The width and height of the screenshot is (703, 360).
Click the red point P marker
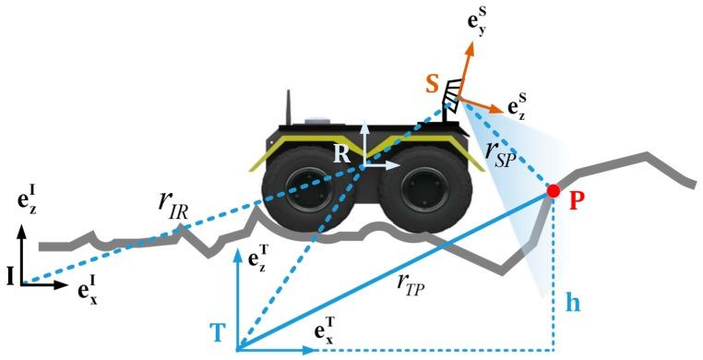click(554, 191)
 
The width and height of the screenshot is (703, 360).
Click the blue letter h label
click(572, 302)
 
